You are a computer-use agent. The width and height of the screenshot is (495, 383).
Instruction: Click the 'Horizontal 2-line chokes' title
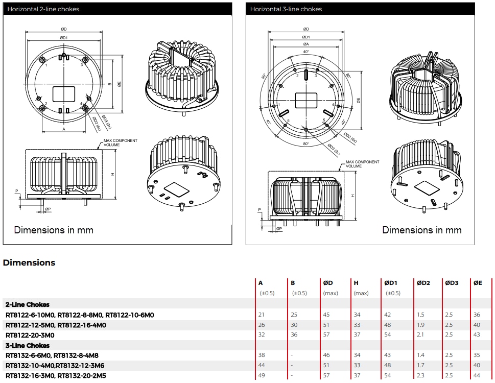[x=43, y=9]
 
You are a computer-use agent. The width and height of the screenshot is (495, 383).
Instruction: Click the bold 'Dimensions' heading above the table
[x=29, y=262]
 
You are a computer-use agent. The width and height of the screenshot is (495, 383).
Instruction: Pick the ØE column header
[x=477, y=282]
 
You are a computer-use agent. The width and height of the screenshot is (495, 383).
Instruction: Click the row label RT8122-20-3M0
[x=30, y=335]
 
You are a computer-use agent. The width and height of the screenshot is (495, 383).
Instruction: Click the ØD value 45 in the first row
[x=327, y=315]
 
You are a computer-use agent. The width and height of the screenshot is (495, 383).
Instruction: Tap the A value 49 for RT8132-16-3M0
[x=262, y=376]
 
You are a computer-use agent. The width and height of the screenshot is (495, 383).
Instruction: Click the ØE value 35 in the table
[x=477, y=355]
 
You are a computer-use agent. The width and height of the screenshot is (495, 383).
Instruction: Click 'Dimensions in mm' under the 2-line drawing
[x=54, y=230]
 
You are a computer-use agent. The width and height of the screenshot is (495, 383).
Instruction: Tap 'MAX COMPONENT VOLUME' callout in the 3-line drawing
[x=362, y=164]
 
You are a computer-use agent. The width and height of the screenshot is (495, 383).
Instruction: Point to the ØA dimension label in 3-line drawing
[x=305, y=44]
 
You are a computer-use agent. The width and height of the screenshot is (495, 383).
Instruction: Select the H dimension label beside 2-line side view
[x=113, y=174]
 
